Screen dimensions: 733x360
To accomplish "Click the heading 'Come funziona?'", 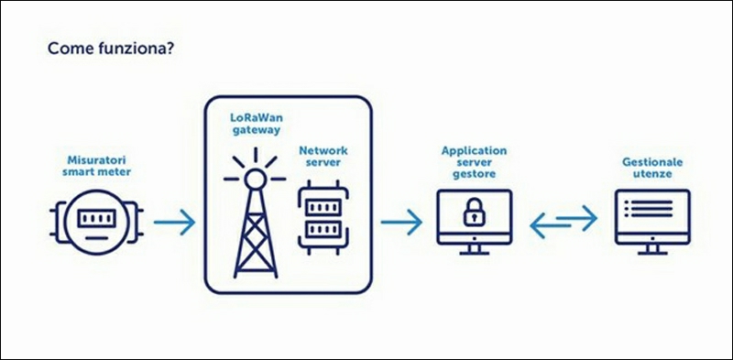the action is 111,49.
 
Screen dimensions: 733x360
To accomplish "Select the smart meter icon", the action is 96,221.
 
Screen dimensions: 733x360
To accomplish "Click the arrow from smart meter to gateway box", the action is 174,222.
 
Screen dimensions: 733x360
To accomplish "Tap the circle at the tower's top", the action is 256,178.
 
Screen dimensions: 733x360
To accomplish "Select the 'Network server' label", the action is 323,157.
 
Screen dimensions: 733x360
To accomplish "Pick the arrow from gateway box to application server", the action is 401,222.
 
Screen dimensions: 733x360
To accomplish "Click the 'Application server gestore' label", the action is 474,162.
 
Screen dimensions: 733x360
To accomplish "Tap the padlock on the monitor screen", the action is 474,212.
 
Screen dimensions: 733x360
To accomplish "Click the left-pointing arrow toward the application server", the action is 551,226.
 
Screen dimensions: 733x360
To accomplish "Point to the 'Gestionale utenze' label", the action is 652,168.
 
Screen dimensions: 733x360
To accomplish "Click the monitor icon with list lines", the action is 652,222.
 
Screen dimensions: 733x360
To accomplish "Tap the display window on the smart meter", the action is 96,218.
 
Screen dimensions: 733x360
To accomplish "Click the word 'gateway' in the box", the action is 257,130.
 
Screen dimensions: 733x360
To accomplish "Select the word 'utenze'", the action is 652,174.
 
